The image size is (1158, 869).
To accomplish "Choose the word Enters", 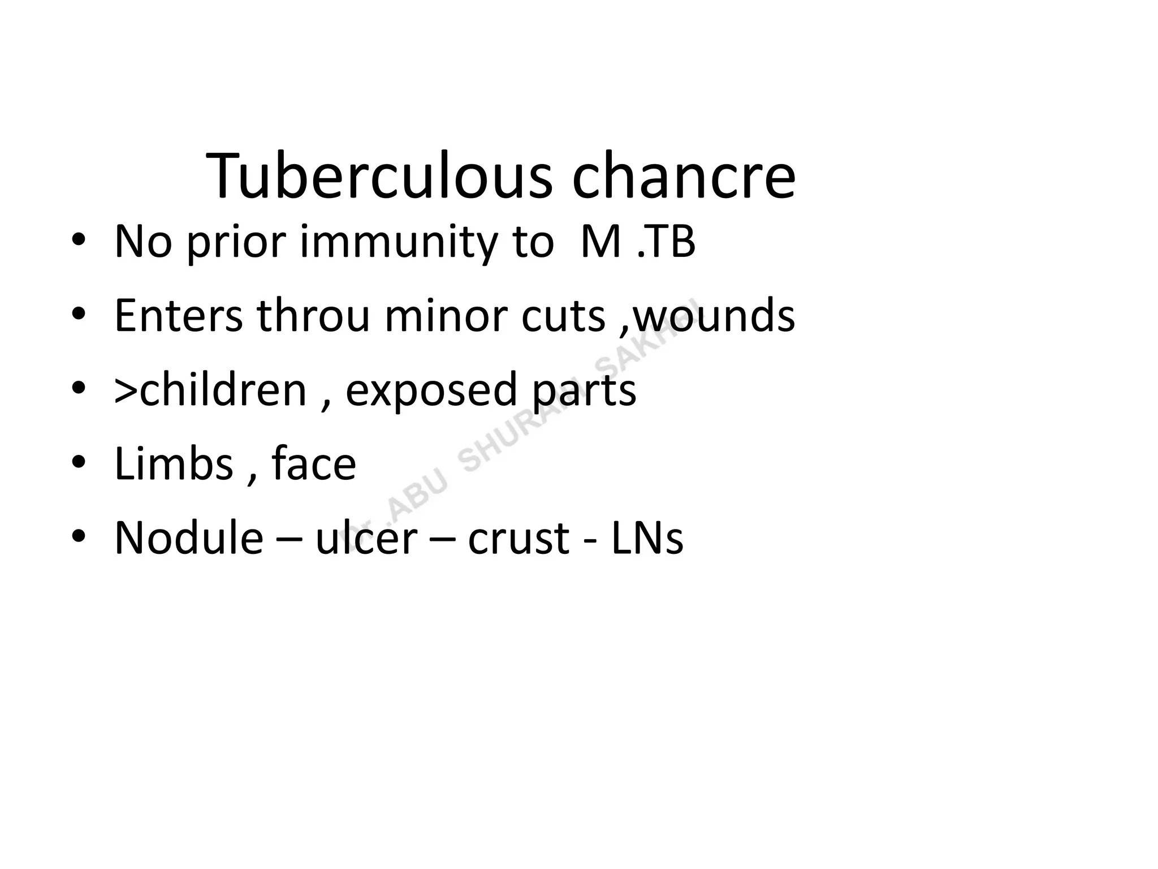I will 179,315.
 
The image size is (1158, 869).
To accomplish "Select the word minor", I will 446,315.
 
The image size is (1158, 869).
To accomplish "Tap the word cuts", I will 563,315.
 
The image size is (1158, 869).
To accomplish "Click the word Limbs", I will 174,463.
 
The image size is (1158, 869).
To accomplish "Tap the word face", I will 314,463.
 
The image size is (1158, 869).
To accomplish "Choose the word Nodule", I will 189,537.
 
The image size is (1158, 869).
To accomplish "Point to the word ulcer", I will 366,537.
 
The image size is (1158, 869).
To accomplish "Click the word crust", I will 518,537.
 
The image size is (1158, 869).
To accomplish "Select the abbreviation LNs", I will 647,537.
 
